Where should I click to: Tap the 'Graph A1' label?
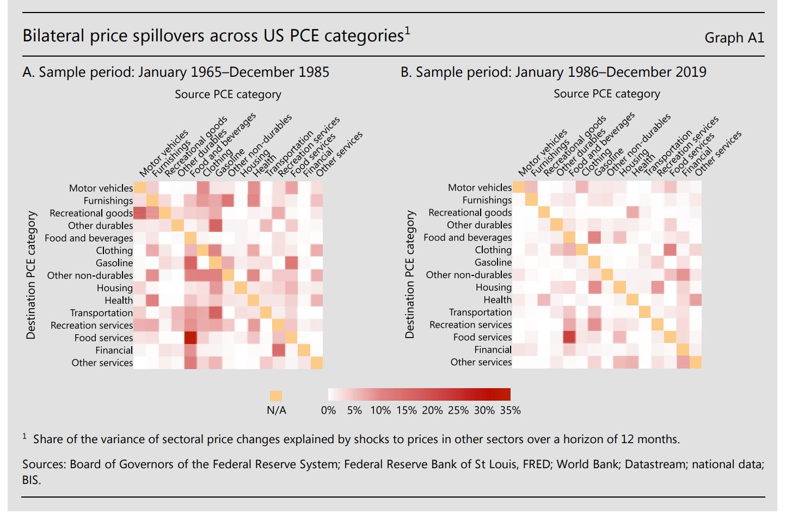[x=734, y=38]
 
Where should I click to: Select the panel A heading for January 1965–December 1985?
[x=176, y=72]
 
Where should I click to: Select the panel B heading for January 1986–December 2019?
[x=553, y=72]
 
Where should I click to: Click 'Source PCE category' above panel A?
[x=228, y=94]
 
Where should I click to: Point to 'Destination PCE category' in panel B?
[x=410, y=275]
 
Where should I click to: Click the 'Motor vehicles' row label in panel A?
[x=101, y=188]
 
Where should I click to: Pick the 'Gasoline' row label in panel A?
[x=114, y=263]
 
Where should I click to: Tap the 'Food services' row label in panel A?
[x=103, y=338]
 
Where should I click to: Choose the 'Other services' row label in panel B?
[x=481, y=362]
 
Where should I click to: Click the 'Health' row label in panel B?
[x=498, y=299]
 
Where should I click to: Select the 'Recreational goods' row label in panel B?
[x=470, y=212]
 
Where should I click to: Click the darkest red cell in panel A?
[x=191, y=338]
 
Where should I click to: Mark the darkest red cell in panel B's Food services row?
[x=569, y=338]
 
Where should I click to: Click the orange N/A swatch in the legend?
[x=276, y=396]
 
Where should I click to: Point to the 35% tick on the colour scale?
[x=510, y=410]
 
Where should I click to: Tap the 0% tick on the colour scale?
[x=328, y=410]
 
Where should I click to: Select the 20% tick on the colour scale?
[x=432, y=410]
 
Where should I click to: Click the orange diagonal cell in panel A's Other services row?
[x=316, y=363]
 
